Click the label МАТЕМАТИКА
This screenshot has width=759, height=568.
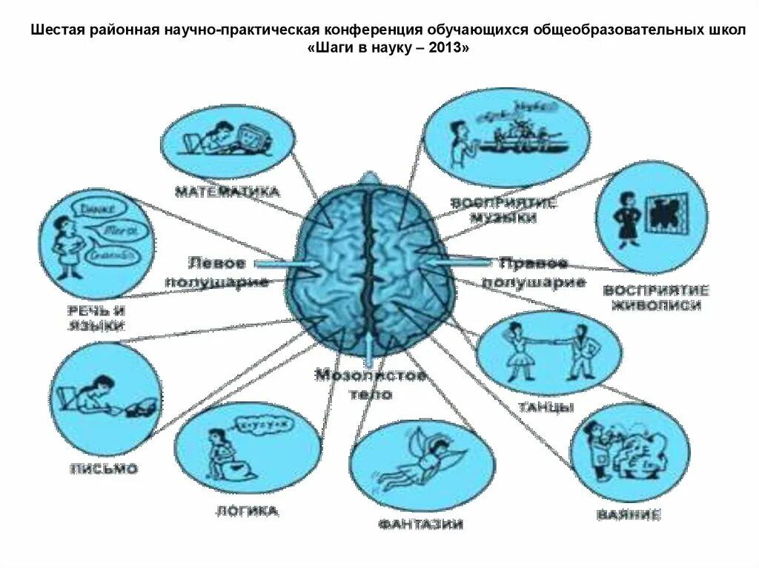(x=228, y=192)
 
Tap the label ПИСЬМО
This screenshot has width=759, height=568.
(x=104, y=469)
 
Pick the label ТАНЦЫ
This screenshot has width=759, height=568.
(x=545, y=407)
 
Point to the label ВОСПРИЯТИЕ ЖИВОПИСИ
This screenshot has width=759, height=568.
(x=656, y=297)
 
